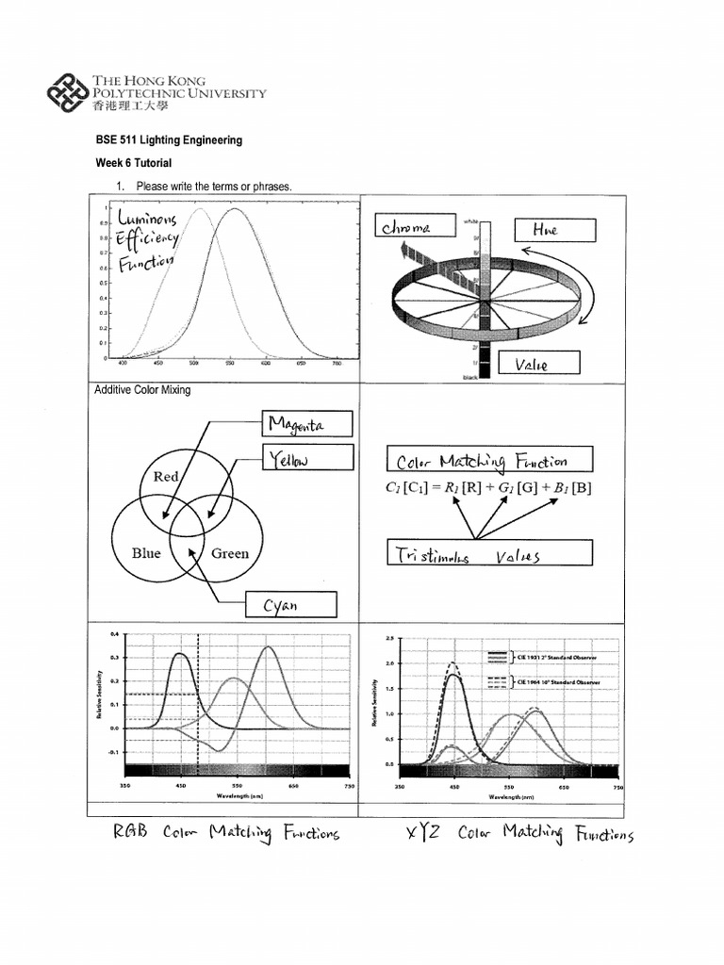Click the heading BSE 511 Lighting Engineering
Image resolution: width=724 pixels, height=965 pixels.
[x=169, y=139]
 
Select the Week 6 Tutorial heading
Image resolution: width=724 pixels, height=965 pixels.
[x=134, y=163]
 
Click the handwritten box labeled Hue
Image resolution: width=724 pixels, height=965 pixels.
[x=555, y=230]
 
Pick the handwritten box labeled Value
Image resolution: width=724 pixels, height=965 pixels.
[x=547, y=364]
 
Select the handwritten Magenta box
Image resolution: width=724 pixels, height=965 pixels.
[x=306, y=424]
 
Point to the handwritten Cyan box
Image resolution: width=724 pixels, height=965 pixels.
[x=289, y=604]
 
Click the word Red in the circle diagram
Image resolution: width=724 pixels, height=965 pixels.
[x=166, y=477]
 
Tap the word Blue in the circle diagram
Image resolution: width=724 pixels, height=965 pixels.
[x=146, y=553]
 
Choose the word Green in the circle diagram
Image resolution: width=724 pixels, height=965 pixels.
[x=230, y=553]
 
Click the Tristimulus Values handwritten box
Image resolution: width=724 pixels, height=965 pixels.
[x=489, y=553]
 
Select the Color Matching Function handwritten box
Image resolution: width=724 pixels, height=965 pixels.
[x=489, y=460]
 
